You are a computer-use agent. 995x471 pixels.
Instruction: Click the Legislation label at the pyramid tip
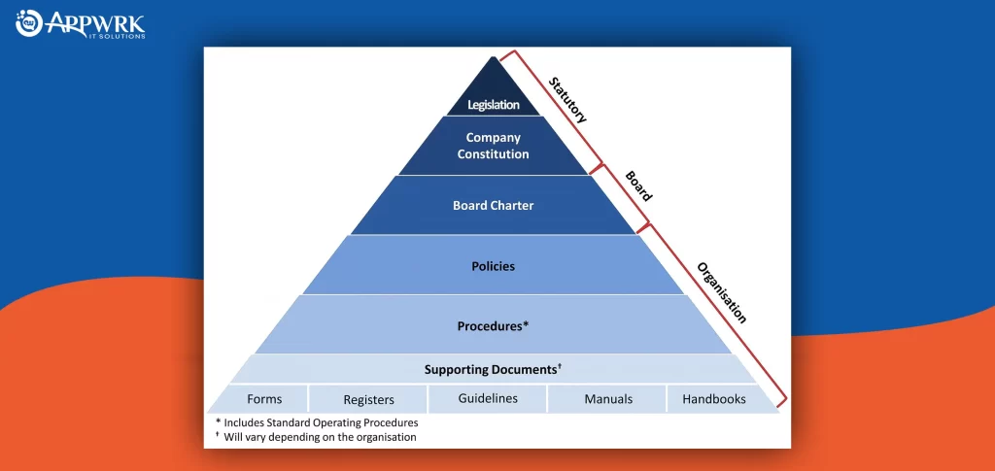[494, 105]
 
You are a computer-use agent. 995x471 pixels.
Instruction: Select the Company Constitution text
[493, 146]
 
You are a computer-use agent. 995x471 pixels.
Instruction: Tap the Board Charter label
[493, 205]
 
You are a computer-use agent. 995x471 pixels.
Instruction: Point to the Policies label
[493, 266]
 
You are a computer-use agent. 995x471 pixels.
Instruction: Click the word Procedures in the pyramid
[490, 327]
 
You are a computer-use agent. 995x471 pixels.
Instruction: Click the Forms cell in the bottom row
[264, 399]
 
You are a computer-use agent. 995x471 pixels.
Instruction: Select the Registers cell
[368, 400]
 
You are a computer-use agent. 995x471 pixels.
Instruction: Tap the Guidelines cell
[488, 399]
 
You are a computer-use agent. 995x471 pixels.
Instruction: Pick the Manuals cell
[608, 399]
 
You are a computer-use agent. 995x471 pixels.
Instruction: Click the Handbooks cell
[714, 399]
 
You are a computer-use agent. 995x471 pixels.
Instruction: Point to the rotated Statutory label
[567, 100]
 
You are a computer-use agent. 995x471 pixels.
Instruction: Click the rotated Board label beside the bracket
[638, 185]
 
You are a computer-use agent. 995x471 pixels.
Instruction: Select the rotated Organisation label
[722, 293]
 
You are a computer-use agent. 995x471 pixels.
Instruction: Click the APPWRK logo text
[94, 25]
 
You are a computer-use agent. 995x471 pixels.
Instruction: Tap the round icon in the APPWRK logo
[28, 22]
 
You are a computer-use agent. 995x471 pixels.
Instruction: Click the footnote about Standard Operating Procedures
[317, 422]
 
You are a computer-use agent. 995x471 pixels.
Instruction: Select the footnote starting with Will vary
[316, 437]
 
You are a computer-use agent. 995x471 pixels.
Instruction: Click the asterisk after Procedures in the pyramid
[526, 325]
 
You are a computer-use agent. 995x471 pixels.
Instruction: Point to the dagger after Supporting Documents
[559, 367]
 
